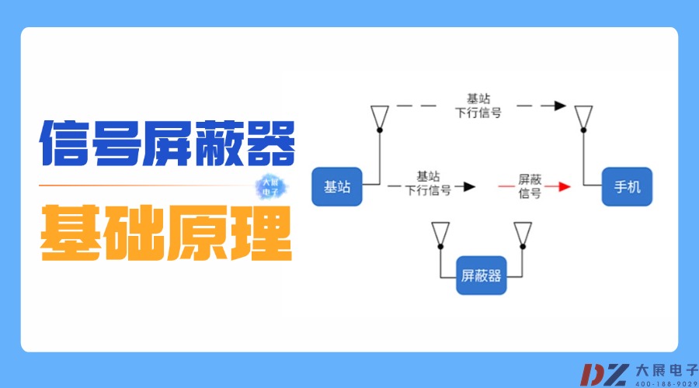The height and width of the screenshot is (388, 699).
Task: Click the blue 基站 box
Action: click(x=337, y=186)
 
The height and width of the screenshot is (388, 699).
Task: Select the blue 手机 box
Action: click(x=628, y=186)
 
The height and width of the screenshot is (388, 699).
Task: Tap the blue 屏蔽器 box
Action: click(x=482, y=275)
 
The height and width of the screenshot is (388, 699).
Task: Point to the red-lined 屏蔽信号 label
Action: click(x=530, y=186)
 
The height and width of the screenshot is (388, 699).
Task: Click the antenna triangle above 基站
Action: click(x=379, y=116)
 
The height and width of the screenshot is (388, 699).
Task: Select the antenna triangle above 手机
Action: click(x=583, y=116)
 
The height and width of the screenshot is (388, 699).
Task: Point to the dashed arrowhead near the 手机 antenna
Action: click(x=559, y=105)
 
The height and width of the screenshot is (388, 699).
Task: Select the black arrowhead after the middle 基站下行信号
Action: click(x=468, y=186)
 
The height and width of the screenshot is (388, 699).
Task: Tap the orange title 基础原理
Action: click(x=167, y=230)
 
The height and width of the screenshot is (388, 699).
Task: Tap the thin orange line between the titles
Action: click(x=148, y=186)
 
